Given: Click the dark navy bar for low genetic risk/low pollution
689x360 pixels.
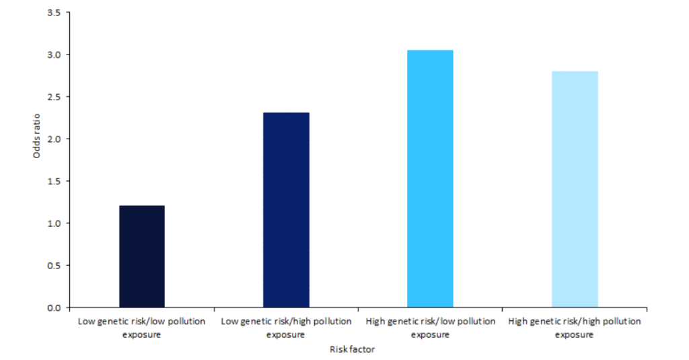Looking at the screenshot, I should click(142, 256).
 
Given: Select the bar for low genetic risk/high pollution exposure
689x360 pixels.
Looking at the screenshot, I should click(286, 210).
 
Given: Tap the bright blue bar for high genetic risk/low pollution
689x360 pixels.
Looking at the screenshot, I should click(430, 179).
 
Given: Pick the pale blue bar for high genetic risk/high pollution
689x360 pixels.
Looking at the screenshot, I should click(575, 189).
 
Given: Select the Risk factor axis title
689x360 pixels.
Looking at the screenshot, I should click(352, 350).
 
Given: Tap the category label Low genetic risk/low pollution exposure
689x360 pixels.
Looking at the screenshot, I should click(142, 328).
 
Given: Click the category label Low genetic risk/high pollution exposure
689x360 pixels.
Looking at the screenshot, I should click(286, 328).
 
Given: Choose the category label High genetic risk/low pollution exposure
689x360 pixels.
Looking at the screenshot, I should click(431, 328).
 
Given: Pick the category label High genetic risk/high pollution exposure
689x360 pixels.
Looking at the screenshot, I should click(575, 328).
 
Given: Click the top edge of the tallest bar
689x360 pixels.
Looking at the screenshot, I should click(430, 50).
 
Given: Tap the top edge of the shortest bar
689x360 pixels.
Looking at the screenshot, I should click(142, 206).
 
